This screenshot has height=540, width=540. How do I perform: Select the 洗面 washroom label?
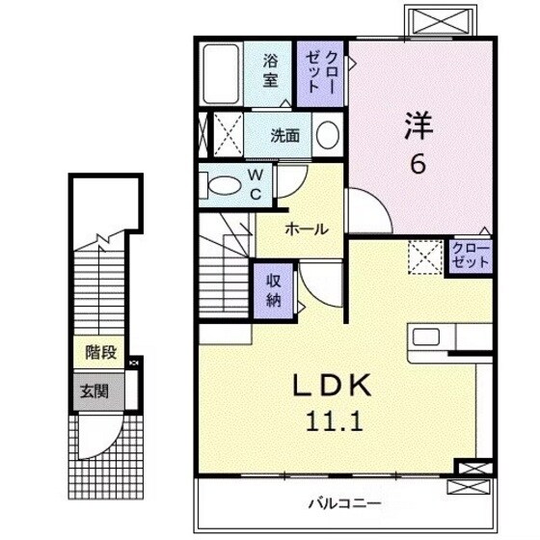pyautogui.click(x=284, y=136)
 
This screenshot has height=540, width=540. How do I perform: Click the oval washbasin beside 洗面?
pyautogui.click(x=327, y=135)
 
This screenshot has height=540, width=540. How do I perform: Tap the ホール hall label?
pyautogui.click(x=306, y=229)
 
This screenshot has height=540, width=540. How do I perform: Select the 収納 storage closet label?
pyautogui.click(x=274, y=287)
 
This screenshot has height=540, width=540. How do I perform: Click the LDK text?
pyautogui.click(x=332, y=385)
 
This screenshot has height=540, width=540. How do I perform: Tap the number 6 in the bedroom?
pyautogui.click(x=418, y=165)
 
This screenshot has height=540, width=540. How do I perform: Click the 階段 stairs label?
pyautogui.click(x=100, y=353)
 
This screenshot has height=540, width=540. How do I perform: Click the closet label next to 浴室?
pyautogui.click(x=319, y=69)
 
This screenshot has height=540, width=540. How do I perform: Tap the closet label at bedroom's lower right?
pyautogui.click(x=472, y=256)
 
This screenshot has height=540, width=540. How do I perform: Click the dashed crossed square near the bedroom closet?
pyautogui.click(x=423, y=256)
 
